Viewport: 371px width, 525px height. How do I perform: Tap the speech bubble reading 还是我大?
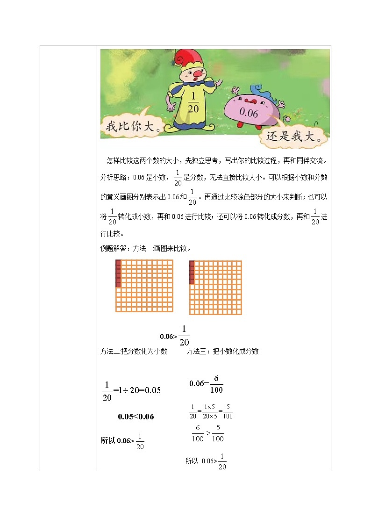point(293,137)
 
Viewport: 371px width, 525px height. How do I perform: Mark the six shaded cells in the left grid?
point(118,273)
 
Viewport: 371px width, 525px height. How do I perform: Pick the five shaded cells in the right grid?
point(192,273)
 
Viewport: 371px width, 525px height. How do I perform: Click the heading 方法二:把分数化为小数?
point(134,351)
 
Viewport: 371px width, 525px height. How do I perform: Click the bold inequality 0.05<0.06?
point(136,417)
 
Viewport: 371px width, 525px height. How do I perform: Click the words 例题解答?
point(111,248)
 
